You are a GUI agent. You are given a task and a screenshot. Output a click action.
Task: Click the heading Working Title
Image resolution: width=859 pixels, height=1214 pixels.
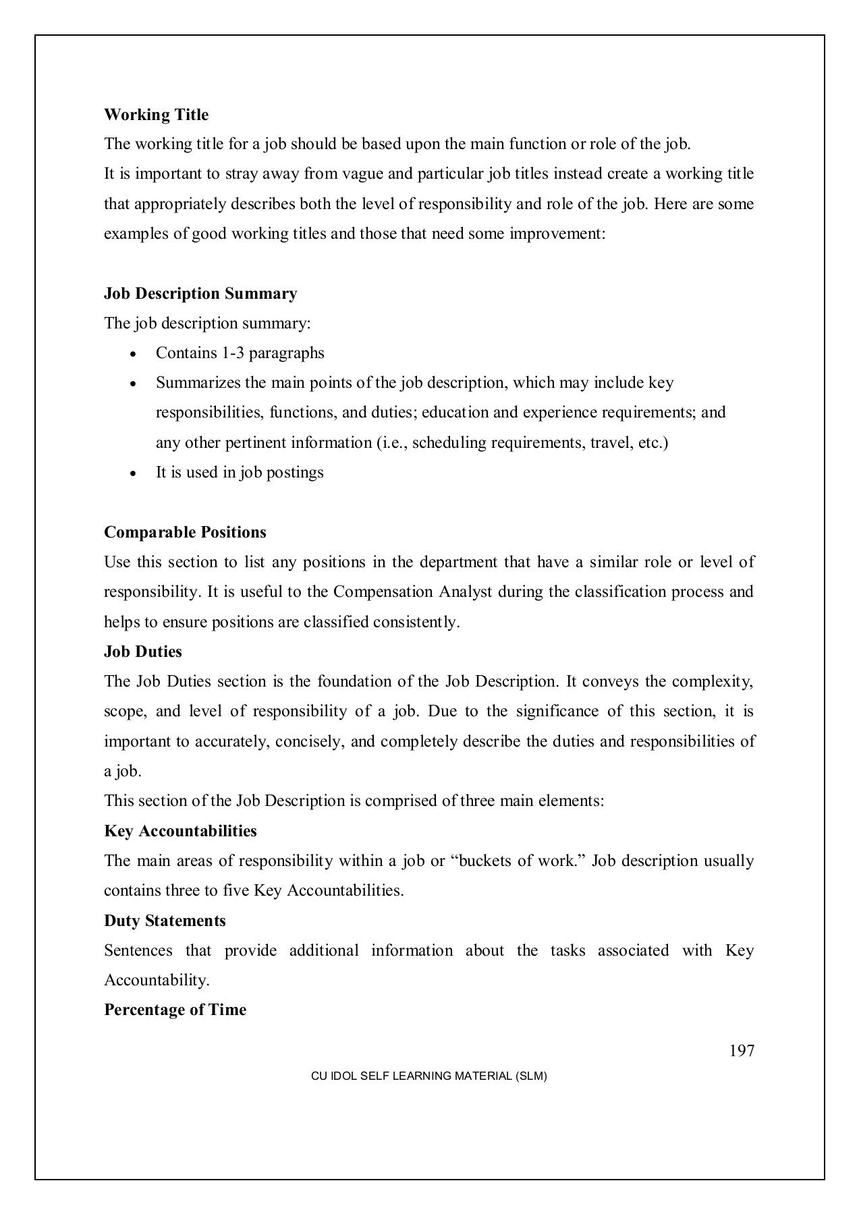pyautogui.click(x=156, y=115)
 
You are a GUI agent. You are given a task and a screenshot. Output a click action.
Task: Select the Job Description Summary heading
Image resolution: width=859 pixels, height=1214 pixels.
pyautogui.click(x=200, y=293)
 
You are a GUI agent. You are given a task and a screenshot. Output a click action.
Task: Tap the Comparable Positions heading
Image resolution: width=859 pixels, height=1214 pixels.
pyautogui.click(x=185, y=532)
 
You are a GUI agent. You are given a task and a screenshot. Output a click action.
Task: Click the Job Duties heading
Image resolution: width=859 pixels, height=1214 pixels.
pyautogui.click(x=142, y=652)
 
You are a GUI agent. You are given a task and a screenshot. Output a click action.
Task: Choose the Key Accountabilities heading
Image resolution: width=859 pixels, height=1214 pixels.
pyautogui.click(x=180, y=831)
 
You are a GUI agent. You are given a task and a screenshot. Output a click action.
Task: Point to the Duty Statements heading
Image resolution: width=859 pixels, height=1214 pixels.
pyautogui.click(x=165, y=921)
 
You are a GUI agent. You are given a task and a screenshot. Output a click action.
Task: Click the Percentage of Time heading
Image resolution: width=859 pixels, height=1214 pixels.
pyautogui.click(x=175, y=1010)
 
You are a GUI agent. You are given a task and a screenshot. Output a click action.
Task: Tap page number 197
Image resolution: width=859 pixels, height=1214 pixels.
pyautogui.click(x=742, y=1051)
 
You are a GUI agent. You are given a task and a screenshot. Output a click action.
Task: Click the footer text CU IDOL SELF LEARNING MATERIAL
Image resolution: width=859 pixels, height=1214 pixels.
pyautogui.click(x=428, y=1076)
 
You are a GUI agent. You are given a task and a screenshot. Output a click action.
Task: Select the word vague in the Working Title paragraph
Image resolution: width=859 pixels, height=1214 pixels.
pyautogui.click(x=363, y=174)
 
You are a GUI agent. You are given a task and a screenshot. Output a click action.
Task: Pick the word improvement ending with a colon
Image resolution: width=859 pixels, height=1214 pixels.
pyautogui.click(x=558, y=233)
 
